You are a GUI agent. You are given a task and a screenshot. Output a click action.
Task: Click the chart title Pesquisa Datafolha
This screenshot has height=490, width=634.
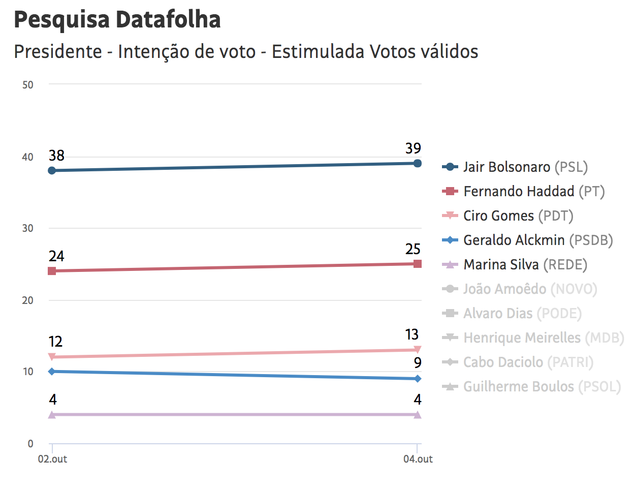click(117, 20)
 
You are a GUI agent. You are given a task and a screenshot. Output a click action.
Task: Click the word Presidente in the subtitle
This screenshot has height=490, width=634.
click(58, 52)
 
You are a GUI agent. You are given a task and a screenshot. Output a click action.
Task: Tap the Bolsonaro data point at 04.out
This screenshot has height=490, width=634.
click(417, 163)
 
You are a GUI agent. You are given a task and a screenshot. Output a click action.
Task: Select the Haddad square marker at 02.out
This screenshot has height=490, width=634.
click(52, 271)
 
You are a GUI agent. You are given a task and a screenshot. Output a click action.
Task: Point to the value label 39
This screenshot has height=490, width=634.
click(413, 148)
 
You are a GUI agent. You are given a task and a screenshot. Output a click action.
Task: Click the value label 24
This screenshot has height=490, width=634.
click(56, 256)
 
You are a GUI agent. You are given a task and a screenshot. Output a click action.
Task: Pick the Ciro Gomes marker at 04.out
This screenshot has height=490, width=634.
click(417, 350)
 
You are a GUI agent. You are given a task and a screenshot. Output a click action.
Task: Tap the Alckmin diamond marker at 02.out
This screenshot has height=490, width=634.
click(52, 372)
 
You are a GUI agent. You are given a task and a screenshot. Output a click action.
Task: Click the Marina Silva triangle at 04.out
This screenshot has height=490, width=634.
click(417, 415)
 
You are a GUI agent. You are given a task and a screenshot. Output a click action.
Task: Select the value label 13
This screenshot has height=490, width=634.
click(412, 334)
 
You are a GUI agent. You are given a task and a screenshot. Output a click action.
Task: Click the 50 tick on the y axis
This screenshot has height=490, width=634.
click(28, 85)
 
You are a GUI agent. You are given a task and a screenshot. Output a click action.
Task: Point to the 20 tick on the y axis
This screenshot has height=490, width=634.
click(28, 300)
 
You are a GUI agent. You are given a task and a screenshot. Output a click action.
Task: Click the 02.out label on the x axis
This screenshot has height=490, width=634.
click(52, 459)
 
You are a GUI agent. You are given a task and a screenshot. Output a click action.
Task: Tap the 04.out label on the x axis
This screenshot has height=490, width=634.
click(418, 459)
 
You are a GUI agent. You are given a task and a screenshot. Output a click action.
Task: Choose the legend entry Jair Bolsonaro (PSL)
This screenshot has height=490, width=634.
click(525, 167)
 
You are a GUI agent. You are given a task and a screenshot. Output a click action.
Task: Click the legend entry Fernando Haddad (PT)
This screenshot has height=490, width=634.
click(533, 192)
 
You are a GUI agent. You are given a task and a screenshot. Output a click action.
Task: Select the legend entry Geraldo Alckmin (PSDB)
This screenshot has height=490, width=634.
click(537, 240)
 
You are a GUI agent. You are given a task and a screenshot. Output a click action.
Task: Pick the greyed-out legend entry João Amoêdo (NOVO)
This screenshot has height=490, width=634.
click(530, 289)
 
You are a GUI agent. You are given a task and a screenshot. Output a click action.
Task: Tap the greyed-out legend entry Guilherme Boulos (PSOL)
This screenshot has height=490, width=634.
click(542, 387)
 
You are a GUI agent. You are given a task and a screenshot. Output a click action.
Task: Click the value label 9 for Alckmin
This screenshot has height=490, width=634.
click(418, 363)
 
